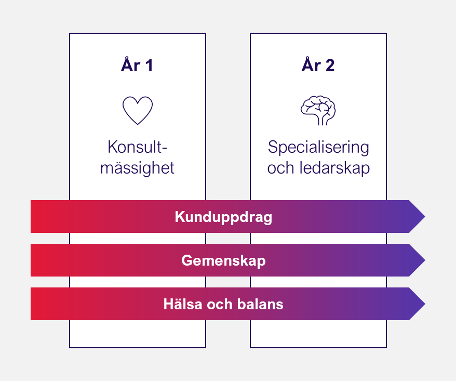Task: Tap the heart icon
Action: (x=138, y=110)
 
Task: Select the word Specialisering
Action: (x=318, y=148)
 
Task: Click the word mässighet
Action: (x=138, y=168)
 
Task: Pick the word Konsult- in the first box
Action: (x=138, y=148)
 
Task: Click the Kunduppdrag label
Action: (x=223, y=217)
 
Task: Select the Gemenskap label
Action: (x=223, y=260)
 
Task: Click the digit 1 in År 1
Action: (x=149, y=65)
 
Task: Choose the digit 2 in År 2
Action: (x=329, y=65)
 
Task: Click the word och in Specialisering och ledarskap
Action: (x=280, y=168)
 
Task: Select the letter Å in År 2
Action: (x=307, y=64)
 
